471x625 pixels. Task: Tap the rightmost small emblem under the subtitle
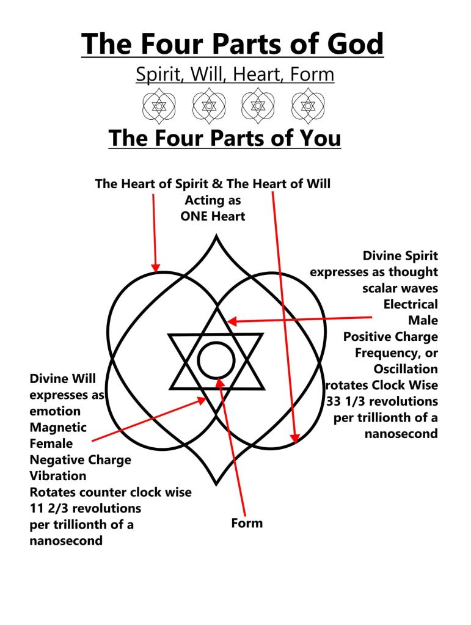click(x=309, y=106)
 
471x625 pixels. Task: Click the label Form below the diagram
click(x=247, y=523)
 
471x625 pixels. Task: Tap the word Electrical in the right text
click(x=411, y=304)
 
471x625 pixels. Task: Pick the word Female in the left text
click(x=51, y=443)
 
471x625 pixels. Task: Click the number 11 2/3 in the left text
click(x=51, y=508)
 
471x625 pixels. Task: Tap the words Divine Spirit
click(x=400, y=255)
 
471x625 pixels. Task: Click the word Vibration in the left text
click(x=58, y=475)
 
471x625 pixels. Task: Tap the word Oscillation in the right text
click(x=406, y=369)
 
